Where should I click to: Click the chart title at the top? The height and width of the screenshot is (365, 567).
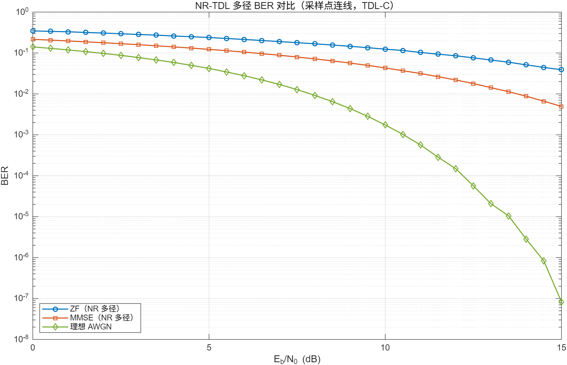[x=294, y=6]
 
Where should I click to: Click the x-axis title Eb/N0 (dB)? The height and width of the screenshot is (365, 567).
[x=297, y=359]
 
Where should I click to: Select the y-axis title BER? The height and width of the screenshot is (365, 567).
[x=5, y=176]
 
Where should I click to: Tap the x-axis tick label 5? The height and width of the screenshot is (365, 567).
[x=209, y=348]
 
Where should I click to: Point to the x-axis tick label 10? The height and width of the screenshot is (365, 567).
[x=385, y=348]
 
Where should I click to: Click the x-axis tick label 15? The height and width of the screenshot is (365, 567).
[x=561, y=348]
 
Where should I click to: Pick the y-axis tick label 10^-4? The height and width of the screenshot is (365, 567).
[x=21, y=175]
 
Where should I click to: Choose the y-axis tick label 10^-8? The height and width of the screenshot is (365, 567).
[x=21, y=339]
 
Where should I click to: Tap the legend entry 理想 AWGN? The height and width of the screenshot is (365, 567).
[x=91, y=327]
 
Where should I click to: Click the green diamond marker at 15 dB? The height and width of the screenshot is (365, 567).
[x=561, y=302]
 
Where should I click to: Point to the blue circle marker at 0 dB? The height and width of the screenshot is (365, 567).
[x=33, y=31]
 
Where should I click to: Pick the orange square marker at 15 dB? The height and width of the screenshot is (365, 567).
[x=561, y=107]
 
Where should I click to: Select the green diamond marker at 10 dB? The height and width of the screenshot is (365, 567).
[x=385, y=125]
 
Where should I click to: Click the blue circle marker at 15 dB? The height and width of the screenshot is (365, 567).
[x=561, y=69]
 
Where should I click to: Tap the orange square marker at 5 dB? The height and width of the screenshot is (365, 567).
[x=209, y=49]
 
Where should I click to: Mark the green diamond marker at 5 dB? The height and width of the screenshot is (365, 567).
[x=209, y=69]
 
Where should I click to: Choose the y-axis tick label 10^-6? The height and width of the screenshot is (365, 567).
[x=21, y=257]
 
